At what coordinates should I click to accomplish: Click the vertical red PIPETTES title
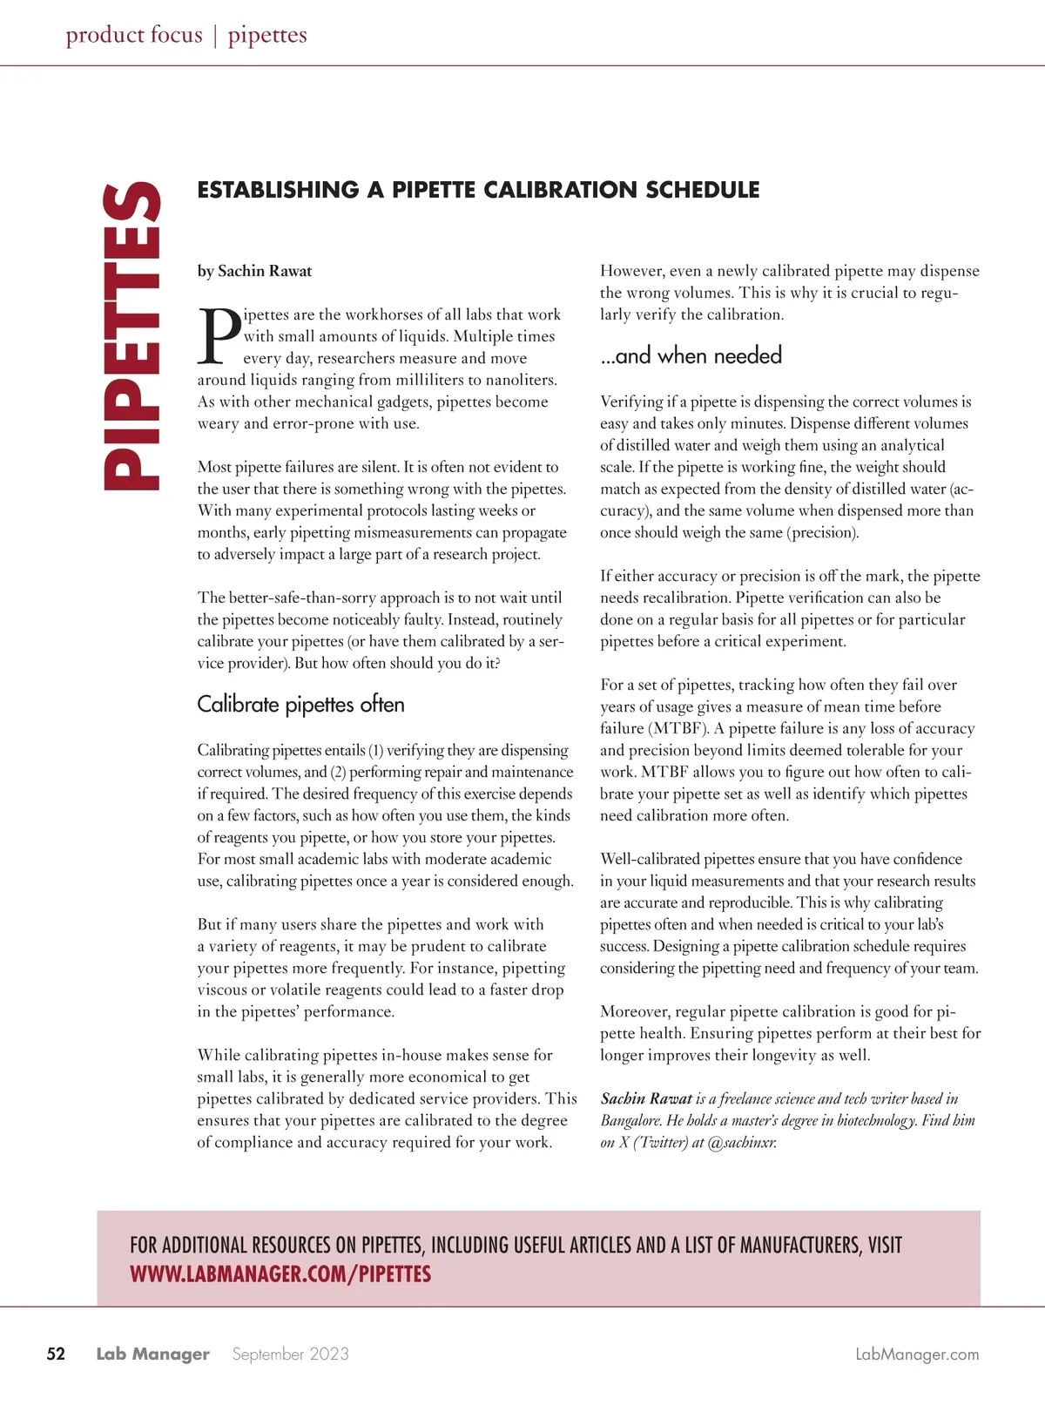(x=131, y=335)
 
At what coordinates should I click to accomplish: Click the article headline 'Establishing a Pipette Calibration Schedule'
(x=478, y=190)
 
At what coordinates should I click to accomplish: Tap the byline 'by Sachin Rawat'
(x=254, y=271)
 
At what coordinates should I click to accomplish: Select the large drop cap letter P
(x=219, y=336)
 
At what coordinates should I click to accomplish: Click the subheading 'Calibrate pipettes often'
(x=300, y=704)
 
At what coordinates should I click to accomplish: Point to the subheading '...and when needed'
(x=691, y=355)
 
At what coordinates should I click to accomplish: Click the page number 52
(x=56, y=1354)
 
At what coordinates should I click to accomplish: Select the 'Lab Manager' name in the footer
(x=152, y=1354)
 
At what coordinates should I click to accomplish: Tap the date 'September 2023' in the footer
(x=290, y=1354)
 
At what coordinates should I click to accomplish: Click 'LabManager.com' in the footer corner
(x=917, y=1354)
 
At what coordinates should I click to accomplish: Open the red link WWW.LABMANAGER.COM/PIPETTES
(x=280, y=1274)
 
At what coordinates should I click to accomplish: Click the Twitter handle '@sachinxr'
(x=742, y=1142)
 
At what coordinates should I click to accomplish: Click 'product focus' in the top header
(x=134, y=35)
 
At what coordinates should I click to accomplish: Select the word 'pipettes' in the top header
(x=267, y=35)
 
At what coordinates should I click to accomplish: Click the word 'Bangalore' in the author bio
(x=630, y=1120)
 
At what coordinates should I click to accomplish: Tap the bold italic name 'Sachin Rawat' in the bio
(x=646, y=1098)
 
